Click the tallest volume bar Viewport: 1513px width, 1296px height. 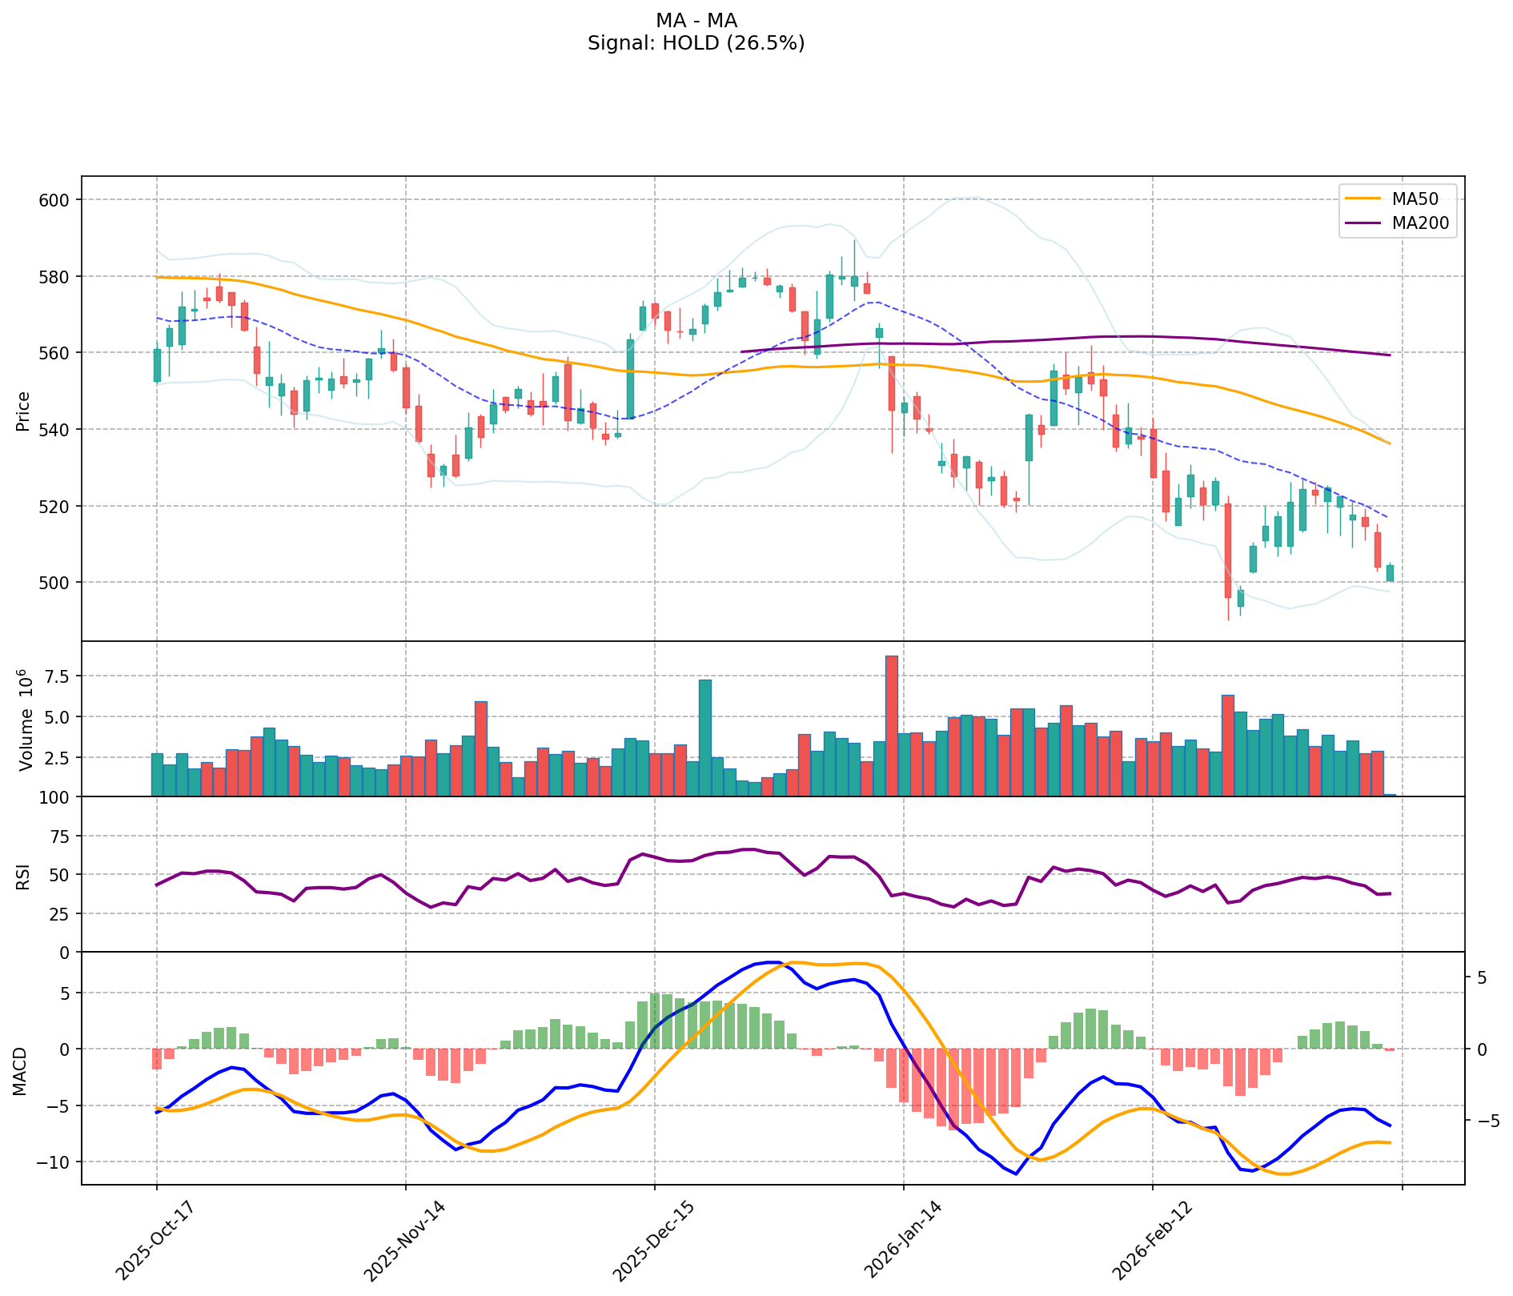[x=891, y=725]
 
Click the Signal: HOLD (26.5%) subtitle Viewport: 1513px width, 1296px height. [x=696, y=44]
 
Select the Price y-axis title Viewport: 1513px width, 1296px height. [x=24, y=411]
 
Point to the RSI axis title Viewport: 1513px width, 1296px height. [x=24, y=876]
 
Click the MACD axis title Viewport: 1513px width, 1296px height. [x=21, y=1071]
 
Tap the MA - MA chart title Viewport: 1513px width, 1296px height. [x=696, y=21]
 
